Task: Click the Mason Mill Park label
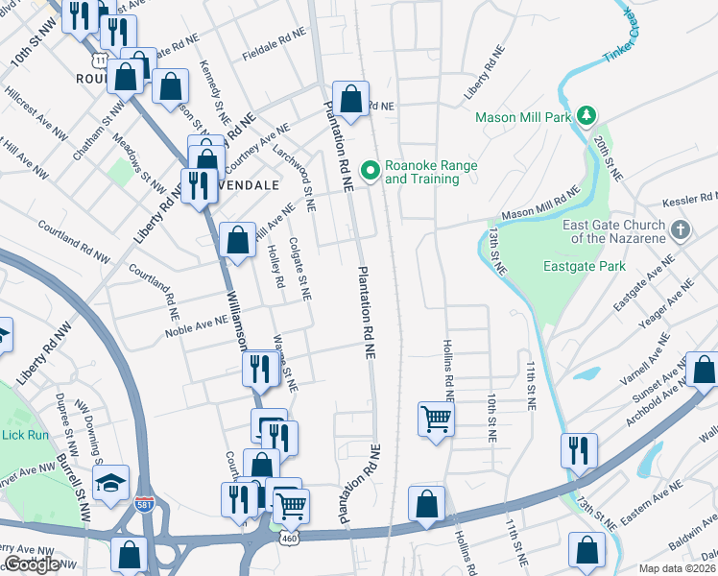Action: point(524,117)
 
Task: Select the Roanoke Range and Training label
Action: point(431,172)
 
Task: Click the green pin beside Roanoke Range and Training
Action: point(370,172)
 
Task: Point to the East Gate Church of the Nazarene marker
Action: point(680,230)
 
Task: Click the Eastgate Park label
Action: point(585,266)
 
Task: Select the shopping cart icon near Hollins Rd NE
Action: point(436,419)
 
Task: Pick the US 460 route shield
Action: point(288,539)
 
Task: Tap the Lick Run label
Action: point(25,435)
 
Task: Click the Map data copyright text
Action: point(678,568)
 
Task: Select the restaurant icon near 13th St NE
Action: point(579,450)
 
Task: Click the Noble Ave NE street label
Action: point(197,325)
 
